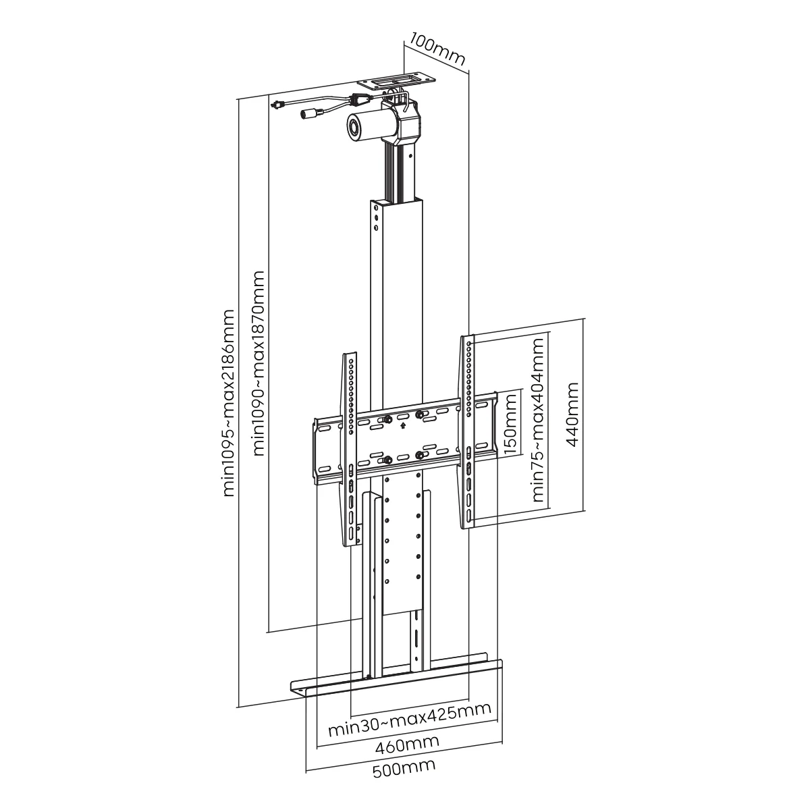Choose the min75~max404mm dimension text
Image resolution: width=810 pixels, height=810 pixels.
point(538,420)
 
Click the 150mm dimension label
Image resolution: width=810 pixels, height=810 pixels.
point(511,425)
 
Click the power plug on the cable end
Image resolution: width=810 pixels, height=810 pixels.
point(276,105)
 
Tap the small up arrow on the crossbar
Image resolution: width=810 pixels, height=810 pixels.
point(402,425)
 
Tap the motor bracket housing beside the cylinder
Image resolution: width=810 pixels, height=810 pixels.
point(410,123)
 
